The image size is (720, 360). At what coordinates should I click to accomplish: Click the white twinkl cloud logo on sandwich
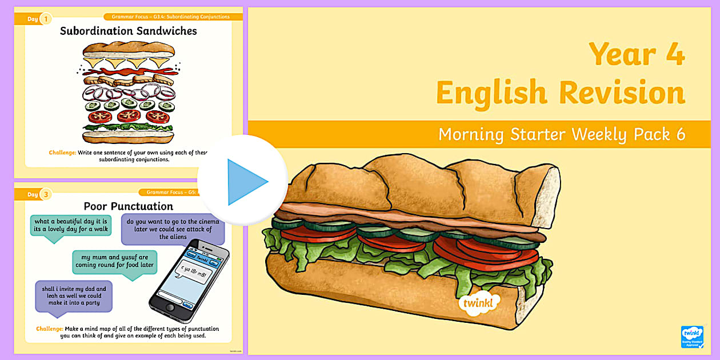pyautogui.click(x=479, y=302)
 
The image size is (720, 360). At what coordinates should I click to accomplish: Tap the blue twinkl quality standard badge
pyautogui.click(x=691, y=337)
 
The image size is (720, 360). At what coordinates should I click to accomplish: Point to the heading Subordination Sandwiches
pyautogui.click(x=128, y=31)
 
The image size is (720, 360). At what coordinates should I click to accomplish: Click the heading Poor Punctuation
pyautogui.click(x=128, y=206)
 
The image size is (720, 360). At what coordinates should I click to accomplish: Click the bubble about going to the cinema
pyautogui.click(x=173, y=229)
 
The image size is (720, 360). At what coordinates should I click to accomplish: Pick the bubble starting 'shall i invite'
pyautogui.click(x=74, y=295)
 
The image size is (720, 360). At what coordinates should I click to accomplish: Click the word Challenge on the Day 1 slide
pyautogui.click(x=62, y=153)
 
